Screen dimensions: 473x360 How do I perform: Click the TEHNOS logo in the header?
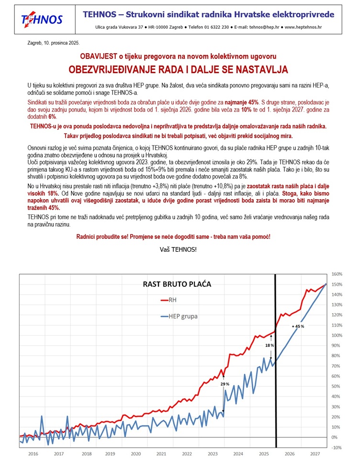point(42,19)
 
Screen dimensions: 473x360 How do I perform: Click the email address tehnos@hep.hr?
point(266,28)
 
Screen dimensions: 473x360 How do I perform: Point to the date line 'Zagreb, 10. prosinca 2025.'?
point(54,43)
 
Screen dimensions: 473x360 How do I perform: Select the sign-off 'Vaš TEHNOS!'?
point(178,249)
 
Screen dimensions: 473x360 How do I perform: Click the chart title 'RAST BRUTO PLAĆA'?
point(177,284)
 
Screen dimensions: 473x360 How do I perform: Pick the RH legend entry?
point(171,300)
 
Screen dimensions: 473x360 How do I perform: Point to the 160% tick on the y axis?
point(337,274)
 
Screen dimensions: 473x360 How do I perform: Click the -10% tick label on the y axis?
point(336,448)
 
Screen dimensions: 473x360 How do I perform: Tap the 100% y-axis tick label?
point(337,335)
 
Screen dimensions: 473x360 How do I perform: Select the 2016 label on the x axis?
point(33,453)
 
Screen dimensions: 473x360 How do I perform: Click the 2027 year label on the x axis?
point(315,453)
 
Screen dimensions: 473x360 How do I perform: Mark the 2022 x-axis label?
point(187,453)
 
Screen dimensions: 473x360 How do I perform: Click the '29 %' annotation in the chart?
point(225,384)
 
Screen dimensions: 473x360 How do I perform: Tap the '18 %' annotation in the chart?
point(270,345)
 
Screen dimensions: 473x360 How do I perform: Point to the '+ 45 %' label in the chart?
point(298,326)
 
